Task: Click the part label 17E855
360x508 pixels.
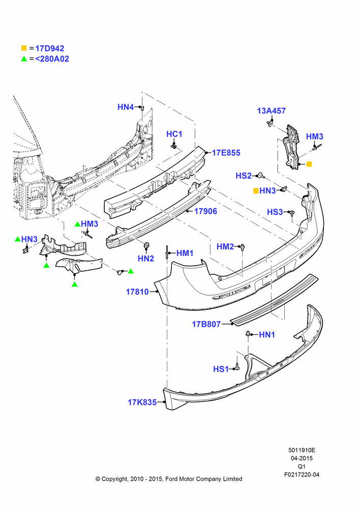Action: tap(226, 152)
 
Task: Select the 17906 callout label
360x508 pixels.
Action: tap(205, 211)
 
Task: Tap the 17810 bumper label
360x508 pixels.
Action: tap(137, 292)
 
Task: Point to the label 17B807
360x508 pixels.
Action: tap(206, 324)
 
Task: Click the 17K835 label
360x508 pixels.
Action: tap(142, 402)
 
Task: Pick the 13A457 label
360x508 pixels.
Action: tap(272, 111)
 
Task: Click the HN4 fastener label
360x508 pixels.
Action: tap(126, 107)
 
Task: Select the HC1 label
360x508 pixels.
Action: tap(174, 134)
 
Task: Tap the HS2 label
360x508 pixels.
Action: tap(244, 176)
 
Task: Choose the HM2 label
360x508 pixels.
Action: tap(225, 246)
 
